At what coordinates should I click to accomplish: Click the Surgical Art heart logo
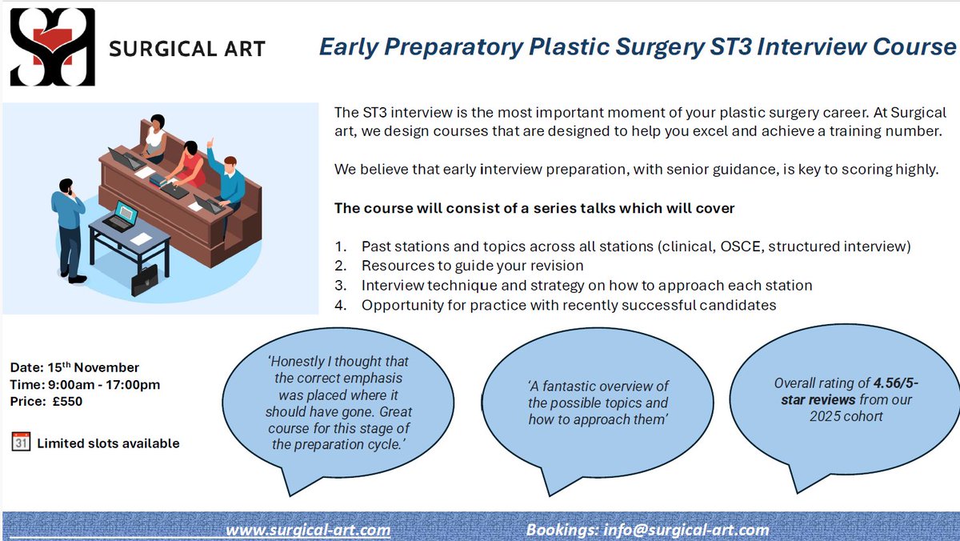(52, 46)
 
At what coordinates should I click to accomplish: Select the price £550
(68, 401)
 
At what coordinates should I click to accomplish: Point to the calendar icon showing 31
(21, 442)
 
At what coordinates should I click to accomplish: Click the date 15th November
(94, 367)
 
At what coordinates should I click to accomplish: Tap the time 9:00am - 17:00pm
(104, 384)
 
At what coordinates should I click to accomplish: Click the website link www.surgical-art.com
(308, 530)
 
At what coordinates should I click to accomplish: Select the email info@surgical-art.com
(686, 530)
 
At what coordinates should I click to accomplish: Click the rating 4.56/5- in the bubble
(896, 383)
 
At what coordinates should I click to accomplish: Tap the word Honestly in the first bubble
(296, 362)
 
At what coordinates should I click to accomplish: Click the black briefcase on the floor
(145, 281)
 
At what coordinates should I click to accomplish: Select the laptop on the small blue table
(122, 217)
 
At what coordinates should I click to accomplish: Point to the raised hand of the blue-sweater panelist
(210, 142)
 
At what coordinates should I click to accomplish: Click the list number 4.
(340, 305)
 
